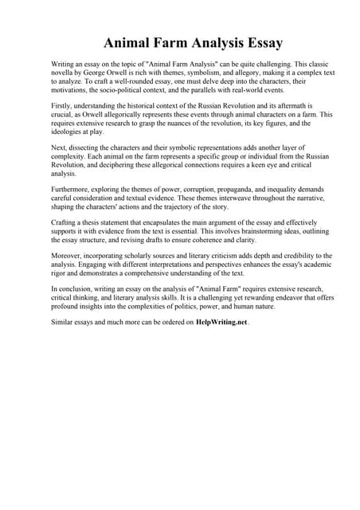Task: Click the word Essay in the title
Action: [258, 41]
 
